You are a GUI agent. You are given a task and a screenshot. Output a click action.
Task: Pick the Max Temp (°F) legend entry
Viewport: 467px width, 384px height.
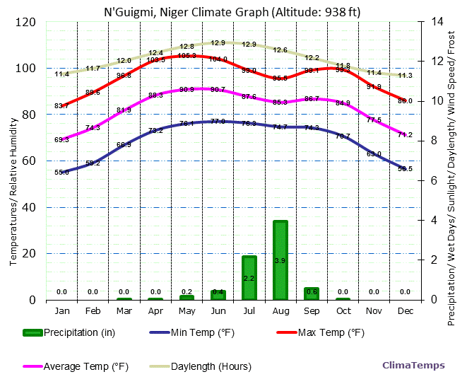tap(321, 332)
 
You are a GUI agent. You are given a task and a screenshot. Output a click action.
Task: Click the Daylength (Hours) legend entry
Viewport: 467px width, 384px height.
tap(201, 366)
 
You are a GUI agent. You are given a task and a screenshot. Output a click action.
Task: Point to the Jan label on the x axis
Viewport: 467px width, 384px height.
tap(62, 310)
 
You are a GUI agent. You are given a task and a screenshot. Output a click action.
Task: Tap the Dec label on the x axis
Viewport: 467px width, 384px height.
tap(406, 310)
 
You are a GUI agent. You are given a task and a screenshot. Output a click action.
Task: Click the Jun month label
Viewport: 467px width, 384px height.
tap(218, 310)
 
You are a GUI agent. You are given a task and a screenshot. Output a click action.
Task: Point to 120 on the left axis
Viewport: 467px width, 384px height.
tap(26, 22)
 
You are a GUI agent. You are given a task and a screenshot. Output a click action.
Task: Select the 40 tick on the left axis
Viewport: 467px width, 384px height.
tap(30, 207)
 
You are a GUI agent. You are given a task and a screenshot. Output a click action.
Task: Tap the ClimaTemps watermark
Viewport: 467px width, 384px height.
tap(413, 366)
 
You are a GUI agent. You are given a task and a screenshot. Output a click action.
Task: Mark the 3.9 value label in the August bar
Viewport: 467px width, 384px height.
tap(280, 261)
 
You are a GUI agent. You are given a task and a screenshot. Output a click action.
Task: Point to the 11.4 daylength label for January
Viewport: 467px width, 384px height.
tap(62, 74)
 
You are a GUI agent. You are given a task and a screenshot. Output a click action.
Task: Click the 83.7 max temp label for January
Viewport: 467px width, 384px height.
tap(62, 106)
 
